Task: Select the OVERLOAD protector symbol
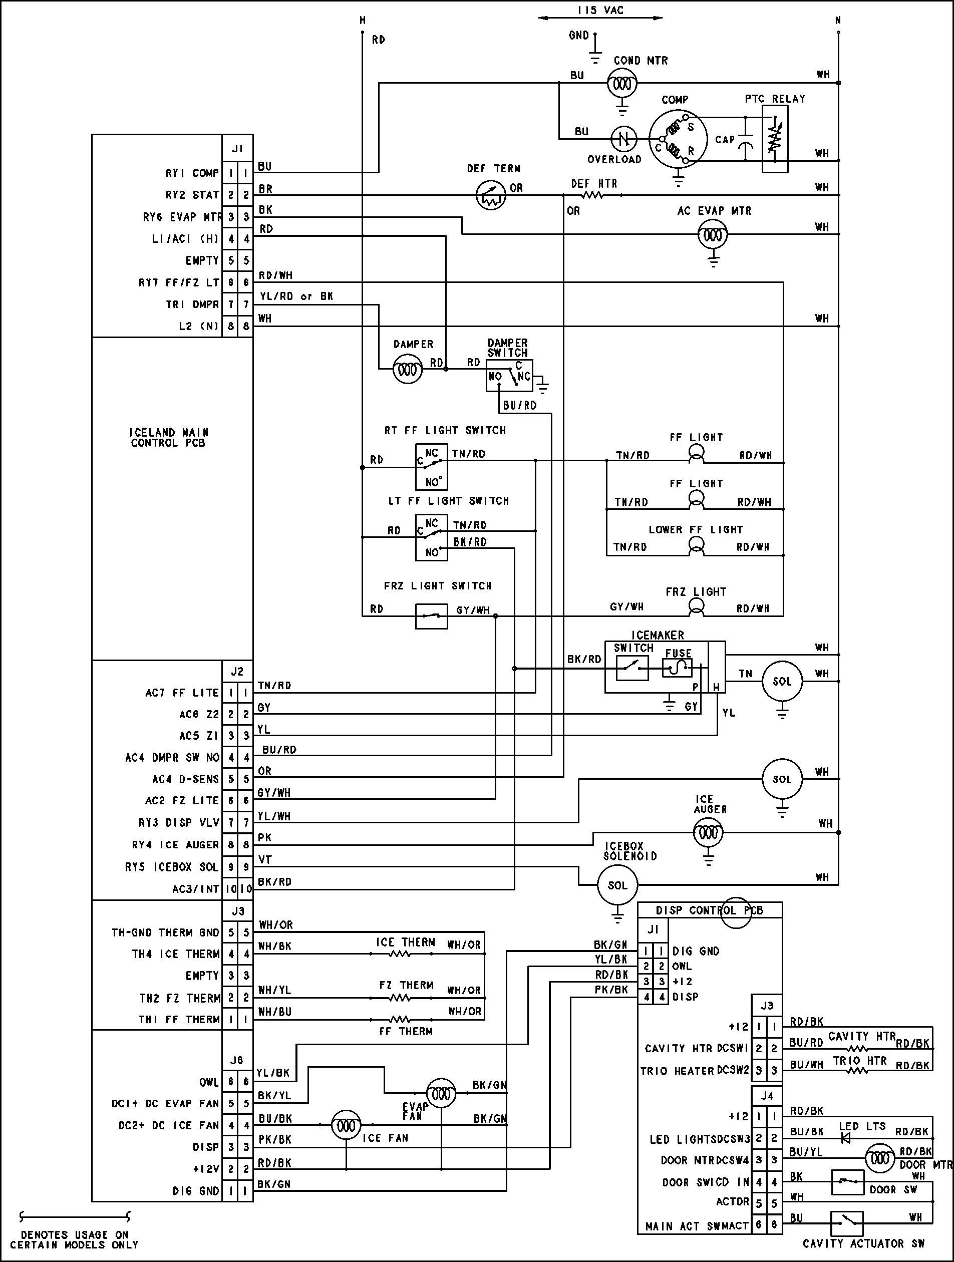(623, 139)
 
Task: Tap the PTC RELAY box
(775, 139)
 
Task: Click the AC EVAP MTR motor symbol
(713, 234)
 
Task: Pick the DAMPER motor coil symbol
(407, 369)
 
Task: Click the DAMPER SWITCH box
(509, 376)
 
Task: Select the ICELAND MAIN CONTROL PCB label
(168, 438)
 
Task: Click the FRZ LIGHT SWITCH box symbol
(431, 616)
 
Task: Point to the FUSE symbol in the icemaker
(677, 668)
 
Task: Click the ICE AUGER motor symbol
(708, 832)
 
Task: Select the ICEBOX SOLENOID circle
(617, 885)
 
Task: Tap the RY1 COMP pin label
(192, 173)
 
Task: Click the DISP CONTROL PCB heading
(709, 910)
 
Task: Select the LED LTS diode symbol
(846, 1138)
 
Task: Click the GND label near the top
(578, 36)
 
